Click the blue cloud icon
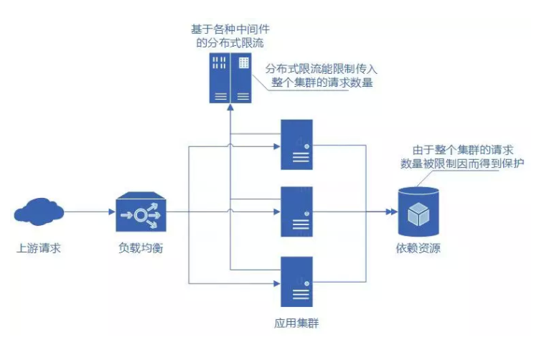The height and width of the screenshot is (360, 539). click(x=39, y=212)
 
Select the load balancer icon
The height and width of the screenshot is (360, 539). click(x=141, y=212)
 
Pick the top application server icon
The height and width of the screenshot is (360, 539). click(x=296, y=145)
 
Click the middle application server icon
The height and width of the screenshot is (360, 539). click(x=296, y=212)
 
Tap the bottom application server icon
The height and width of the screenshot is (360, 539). click(x=296, y=281)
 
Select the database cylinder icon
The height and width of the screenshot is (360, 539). click(x=418, y=213)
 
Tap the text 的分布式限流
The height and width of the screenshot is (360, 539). click(x=230, y=45)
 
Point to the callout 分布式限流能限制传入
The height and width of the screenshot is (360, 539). click(x=322, y=69)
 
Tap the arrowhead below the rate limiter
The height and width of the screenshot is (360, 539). click(x=230, y=108)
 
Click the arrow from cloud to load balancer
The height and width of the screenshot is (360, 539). click(x=90, y=212)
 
